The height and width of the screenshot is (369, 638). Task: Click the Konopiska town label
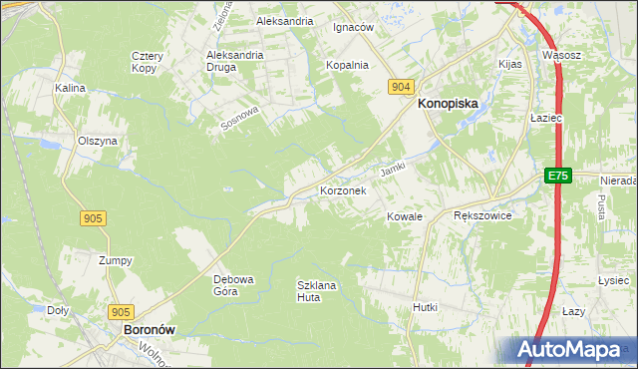[448, 103]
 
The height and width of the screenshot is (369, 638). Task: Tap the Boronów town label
[143, 328]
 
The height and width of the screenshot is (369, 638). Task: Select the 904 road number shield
[401, 88]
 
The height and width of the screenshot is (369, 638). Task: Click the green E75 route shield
[557, 176]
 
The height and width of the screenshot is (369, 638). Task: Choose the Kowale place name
[406, 216]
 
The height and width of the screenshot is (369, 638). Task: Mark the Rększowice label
[482, 215]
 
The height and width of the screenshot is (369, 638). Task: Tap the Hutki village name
[426, 308]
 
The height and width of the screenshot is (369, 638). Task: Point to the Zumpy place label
[116, 260]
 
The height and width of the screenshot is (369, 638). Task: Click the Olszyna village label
[98, 141]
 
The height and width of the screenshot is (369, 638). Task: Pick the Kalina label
[71, 88]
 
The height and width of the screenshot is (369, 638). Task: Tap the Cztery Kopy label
[147, 63]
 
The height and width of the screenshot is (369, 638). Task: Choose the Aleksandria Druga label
[234, 61]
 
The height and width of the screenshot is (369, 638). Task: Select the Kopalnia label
[348, 65]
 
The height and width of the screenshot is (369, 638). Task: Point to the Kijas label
[510, 64]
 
